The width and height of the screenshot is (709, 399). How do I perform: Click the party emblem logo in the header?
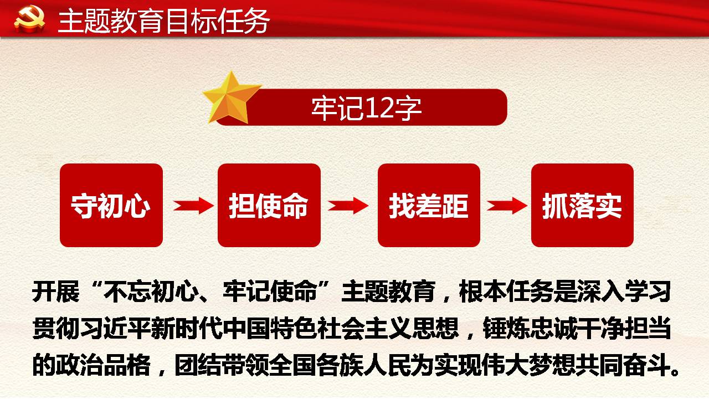(29, 20)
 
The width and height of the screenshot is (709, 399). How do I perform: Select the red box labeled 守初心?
(111, 205)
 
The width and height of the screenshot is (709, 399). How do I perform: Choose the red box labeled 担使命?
(269, 205)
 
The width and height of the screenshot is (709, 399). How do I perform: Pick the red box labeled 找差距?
(429, 205)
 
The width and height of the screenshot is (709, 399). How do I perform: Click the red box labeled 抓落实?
(582, 205)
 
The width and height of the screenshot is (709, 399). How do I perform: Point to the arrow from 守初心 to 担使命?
(193, 206)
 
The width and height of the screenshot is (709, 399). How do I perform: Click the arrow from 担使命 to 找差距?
(348, 206)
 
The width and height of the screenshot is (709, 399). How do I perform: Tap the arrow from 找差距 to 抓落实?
(507, 206)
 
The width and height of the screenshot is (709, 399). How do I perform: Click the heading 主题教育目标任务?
(163, 21)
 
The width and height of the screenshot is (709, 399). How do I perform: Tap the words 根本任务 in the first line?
(506, 291)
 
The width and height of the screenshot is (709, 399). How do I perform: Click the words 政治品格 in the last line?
(104, 365)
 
